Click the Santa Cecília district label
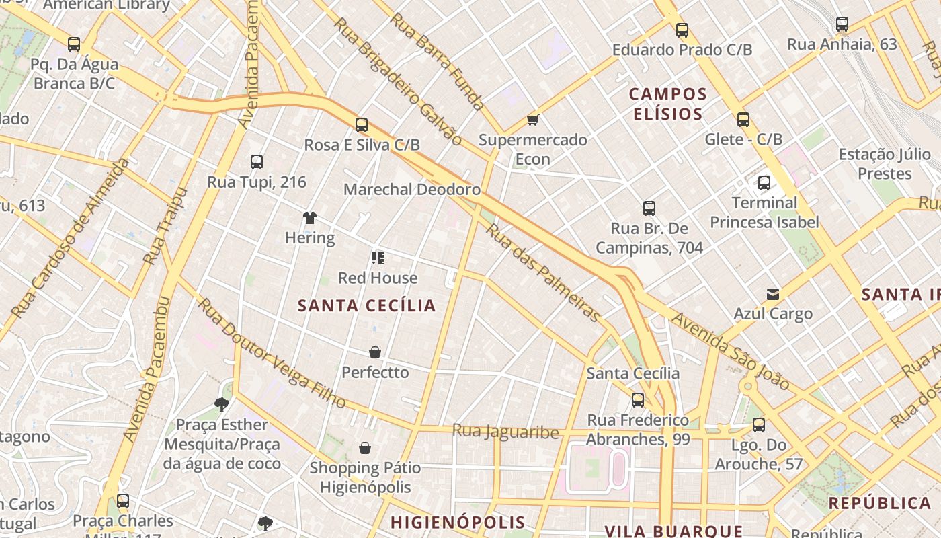pos(367,306)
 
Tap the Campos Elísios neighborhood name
pos(668,104)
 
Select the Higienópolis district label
pos(458,523)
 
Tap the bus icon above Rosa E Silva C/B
pos(362,124)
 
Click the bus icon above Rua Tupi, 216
pos(257,161)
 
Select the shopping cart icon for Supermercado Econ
pos(533,120)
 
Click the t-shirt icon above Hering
pos(309,217)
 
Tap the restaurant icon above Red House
pos(377,258)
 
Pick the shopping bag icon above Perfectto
pos(375,352)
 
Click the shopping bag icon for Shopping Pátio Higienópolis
pos(365,448)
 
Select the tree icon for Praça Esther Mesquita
pos(221,404)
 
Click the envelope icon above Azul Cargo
pos(773,294)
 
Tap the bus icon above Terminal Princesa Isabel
pos(764,182)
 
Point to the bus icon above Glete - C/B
pos(743,120)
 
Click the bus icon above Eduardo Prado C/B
pos(682,30)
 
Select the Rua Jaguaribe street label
pos(505,431)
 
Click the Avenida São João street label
pos(731,350)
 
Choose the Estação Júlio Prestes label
pos(885,164)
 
